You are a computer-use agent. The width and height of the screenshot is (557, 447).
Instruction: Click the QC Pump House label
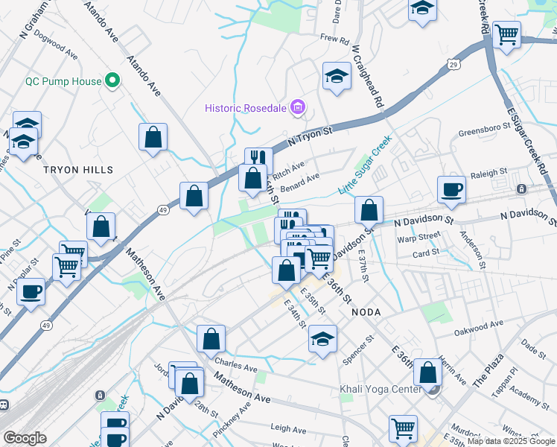[63, 80]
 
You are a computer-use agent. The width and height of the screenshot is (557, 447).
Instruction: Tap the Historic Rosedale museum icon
[299, 109]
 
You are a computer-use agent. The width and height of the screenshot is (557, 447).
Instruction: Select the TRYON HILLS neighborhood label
[78, 170]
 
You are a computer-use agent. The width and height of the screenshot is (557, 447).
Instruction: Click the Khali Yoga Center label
[381, 389]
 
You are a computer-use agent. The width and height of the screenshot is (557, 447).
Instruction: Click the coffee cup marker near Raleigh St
[451, 189]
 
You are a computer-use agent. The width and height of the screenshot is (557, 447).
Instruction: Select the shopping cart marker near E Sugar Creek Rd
[507, 33]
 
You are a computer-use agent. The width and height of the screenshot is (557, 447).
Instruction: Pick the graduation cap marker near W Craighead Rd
[337, 76]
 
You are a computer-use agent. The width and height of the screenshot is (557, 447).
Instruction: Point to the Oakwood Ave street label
[479, 324]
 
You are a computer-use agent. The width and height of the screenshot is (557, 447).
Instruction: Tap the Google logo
[25, 438]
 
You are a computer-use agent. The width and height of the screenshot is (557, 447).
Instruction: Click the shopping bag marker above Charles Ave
[211, 338]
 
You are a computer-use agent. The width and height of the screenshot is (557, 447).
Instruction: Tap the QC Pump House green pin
[112, 80]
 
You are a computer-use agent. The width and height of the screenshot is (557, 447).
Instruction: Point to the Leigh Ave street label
[289, 429]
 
